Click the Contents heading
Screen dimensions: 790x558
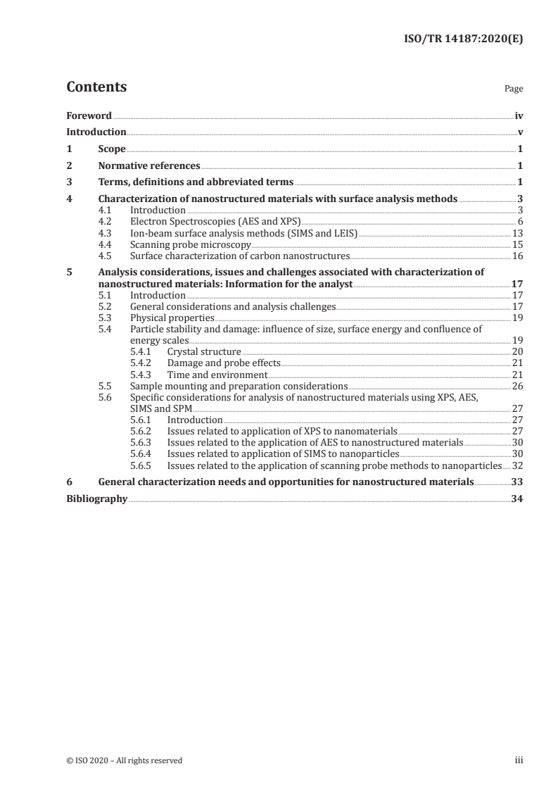(96, 88)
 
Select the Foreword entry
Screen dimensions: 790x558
(89, 115)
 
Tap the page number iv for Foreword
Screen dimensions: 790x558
(519, 115)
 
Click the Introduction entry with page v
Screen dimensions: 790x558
(96, 132)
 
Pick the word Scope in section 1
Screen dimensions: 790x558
(112, 149)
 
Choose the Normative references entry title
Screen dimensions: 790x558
(149, 166)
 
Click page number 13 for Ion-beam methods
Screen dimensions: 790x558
(517, 233)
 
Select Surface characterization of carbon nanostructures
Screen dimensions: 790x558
(239, 256)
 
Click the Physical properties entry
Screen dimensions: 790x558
(172, 318)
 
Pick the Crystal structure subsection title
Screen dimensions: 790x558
(204, 351)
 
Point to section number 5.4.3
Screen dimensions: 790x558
(143, 375)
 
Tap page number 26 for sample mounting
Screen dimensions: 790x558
(517, 387)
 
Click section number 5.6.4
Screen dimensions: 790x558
(143, 454)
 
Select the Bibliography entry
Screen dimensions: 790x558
(96, 499)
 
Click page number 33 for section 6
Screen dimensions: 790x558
(517, 482)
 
